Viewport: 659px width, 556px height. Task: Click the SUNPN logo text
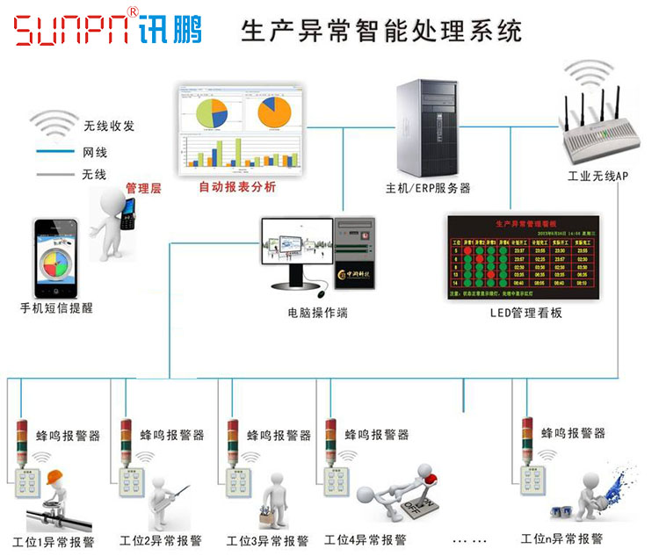(76, 29)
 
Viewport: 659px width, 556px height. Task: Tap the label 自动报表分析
(237, 186)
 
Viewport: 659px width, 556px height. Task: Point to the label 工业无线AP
(597, 177)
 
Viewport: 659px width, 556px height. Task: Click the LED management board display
(522, 256)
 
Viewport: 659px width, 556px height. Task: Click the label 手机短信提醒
(56, 308)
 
